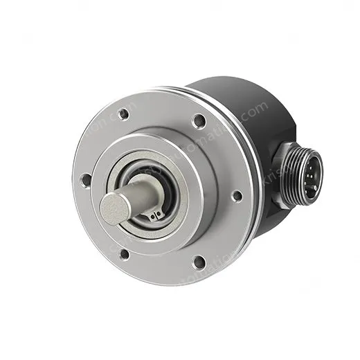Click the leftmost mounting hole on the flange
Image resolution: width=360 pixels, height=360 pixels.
(x=85, y=180)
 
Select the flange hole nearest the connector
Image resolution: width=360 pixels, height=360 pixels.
(x=236, y=196)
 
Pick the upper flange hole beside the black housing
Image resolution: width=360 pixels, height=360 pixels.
(x=199, y=121)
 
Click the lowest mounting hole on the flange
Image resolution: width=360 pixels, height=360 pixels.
(x=198, y=262)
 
